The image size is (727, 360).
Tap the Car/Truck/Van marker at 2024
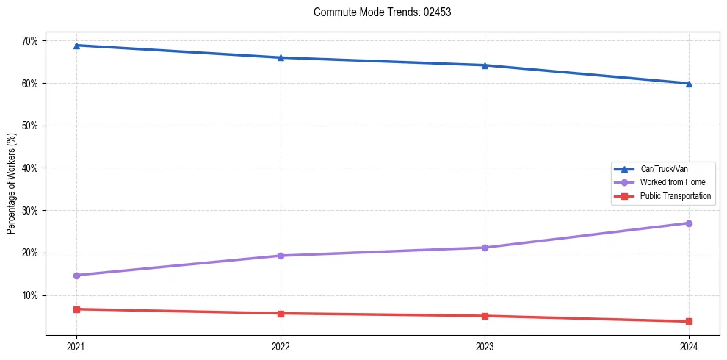pos(689,84)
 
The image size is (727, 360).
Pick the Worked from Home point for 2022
pos(280,256)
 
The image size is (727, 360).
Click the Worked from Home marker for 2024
pos(689,223)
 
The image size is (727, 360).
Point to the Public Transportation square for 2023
pos(485,316)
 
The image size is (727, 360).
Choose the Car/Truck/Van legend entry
pos(664,169)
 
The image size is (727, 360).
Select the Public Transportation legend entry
pos(675,196)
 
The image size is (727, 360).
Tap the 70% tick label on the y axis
pos(29,41)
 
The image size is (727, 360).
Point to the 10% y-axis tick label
pos(29,295)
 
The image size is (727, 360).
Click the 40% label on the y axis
pos(29,168)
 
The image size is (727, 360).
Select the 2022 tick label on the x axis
pos(280,346)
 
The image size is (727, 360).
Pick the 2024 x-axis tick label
pos(689,346)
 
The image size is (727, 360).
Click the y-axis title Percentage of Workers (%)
pos(12,184)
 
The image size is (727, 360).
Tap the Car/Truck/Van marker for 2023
pos(485,65)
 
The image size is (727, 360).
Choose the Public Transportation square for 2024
pos(689,321)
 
